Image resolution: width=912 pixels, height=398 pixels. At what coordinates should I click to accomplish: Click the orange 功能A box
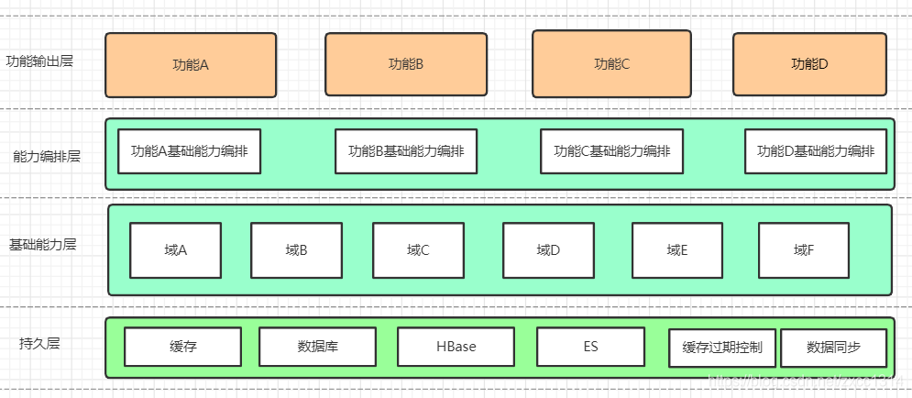[191, 65]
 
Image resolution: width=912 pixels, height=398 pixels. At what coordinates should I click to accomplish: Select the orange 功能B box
[405, 65]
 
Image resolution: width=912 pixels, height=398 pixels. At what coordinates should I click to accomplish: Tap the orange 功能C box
[611, 63]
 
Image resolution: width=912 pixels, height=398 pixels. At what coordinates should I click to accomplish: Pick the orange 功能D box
[809, 64]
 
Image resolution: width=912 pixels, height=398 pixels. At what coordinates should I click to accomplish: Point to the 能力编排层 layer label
[47, 156]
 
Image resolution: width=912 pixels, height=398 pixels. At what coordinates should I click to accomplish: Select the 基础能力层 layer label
[43, 246]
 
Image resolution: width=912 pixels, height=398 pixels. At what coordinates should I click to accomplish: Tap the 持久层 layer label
[39, 344]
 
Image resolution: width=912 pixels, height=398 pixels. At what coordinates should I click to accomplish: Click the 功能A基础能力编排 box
[190, 151]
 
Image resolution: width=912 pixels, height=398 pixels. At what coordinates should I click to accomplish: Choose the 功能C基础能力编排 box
[611, 151]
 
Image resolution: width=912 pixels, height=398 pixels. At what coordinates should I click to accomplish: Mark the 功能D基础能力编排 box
[816, 151]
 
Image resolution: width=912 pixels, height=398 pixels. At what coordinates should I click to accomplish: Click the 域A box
[175, 249]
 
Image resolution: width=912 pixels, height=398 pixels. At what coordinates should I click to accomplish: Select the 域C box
[418, 249]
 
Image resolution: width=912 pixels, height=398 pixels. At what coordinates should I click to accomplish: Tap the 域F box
[804, 249]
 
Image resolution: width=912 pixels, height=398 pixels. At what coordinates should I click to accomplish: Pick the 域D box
[548, 249]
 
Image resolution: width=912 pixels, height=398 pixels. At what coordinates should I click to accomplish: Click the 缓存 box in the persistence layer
[183, 347]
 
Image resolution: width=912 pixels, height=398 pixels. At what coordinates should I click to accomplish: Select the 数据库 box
[318, 347]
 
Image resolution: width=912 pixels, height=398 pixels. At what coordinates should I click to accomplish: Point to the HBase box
[456, 347]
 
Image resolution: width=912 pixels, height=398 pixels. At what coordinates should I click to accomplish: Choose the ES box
[590, 347]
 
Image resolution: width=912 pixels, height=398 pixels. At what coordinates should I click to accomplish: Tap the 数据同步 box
[833, 348]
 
